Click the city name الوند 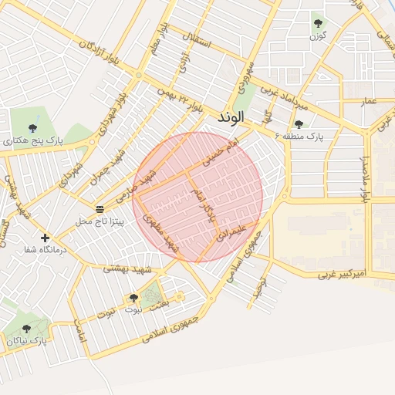coord(231,117)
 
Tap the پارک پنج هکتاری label coord(32,141)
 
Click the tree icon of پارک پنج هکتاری coord(32,128)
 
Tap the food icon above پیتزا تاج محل coord(100,209)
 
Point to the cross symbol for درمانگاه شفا coord(45,238)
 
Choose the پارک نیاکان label coord(27,340)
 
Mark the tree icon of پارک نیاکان coord(27,329)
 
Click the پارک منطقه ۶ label coord(300,136)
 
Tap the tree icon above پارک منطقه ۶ coord(299,123)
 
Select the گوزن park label coord(317,36)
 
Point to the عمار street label coord(369,101)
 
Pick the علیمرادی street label coord(232,234)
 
